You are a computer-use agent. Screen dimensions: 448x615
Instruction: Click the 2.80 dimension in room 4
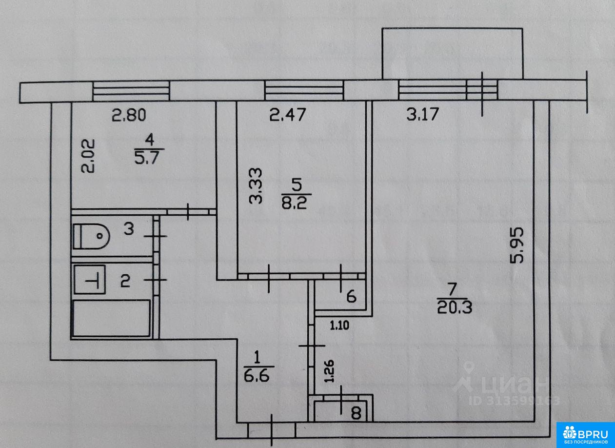129,116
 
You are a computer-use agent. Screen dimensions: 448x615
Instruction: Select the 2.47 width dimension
288,116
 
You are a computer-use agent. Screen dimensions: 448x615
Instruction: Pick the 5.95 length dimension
518,245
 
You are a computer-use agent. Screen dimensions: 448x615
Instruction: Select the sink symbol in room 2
91,280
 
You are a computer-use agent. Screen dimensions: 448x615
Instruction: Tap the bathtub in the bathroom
111,319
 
